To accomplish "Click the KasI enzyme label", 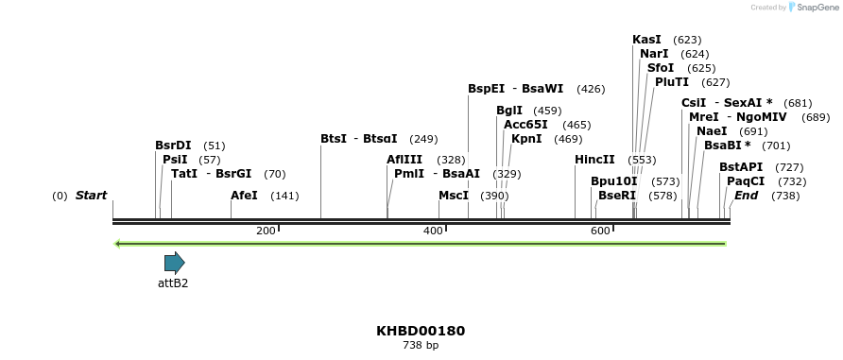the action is (646, 40).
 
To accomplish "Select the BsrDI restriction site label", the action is (173, 146).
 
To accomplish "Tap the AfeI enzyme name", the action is (244, 196).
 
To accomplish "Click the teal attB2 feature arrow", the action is (174, 263).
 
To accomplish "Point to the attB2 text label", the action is (173, 283).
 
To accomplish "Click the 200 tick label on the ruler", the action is (266, 231).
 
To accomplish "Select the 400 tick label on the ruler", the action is (433, 231).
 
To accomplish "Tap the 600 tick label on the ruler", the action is (600, 231).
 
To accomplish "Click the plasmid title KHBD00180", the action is (421, 331).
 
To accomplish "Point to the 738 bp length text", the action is (421, 346).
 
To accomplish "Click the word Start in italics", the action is (91, 196).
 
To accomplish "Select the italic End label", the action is (746, 196).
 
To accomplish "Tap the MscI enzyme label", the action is (454, 196).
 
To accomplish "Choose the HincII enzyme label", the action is (594, 160).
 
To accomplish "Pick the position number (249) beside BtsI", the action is (423, 139).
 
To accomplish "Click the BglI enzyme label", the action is (509, 111).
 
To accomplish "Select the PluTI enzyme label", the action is (672, 82).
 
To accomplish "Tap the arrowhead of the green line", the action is (117, 244).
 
